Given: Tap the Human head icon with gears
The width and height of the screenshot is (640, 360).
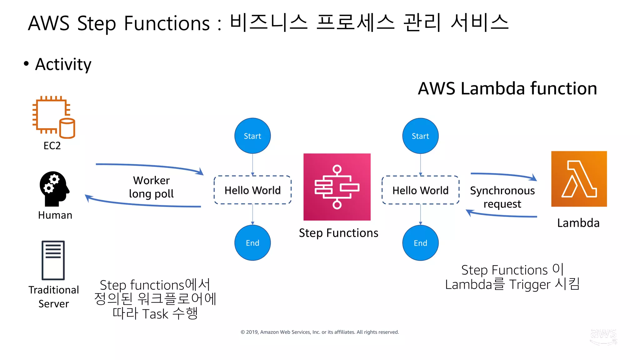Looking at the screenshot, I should point(54,188).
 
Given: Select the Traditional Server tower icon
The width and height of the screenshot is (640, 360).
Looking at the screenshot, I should point(53,260).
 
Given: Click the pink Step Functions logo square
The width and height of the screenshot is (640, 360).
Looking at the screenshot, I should point(337,187).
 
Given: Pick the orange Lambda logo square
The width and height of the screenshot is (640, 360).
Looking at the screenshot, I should point(579,179).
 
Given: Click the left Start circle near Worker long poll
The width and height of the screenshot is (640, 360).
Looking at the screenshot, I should point(252,136).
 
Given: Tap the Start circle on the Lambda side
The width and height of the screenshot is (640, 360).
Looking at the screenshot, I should point(420,136).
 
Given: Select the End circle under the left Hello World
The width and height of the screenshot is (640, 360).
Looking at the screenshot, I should point(252,243).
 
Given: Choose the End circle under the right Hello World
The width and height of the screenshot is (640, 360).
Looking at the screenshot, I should point(420,243).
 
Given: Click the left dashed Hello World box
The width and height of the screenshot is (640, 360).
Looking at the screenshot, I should point(252,190).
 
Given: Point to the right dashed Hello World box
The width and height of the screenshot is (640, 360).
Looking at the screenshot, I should point(420,190).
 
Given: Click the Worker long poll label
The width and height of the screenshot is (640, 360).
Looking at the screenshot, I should point(151,187).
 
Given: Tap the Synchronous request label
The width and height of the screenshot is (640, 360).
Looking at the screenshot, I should point(502,197).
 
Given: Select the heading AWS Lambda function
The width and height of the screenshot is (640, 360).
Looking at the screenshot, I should point(507,88).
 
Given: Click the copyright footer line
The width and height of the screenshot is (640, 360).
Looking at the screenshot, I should point(319,332).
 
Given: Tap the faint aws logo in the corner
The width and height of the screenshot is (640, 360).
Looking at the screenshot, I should point(603,336).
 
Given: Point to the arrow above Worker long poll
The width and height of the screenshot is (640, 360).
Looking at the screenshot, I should point(150,167).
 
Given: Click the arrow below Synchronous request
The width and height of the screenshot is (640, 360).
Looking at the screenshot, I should point(502,215).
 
